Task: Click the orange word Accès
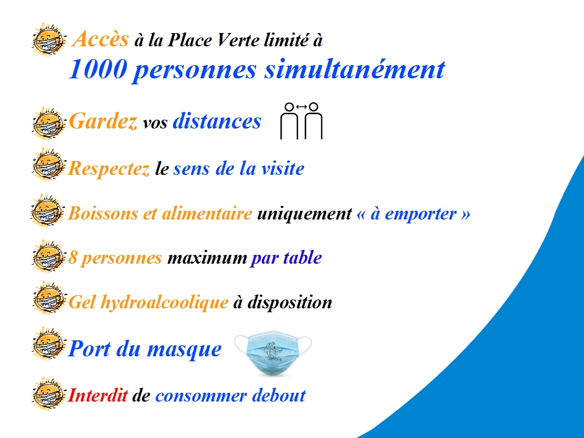tap(100, 39)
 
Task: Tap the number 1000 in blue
tap(98, 69)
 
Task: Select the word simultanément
tap(354, 70)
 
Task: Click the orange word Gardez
tap(103, 121)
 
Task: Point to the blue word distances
tap(217, 121)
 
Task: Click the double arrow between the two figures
tap(301, 107)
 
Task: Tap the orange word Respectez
tap(109, 169)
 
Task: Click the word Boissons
tap(103, 213)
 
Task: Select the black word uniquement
tap(304, 214)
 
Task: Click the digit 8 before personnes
tap(72, 258)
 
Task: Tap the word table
tap(302, 258)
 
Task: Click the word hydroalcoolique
tap(164, 302)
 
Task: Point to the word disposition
tap(290, 302)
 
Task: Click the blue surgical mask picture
tap(273, 352)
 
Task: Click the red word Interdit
tap(98, 395)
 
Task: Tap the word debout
tap(279, 395)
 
